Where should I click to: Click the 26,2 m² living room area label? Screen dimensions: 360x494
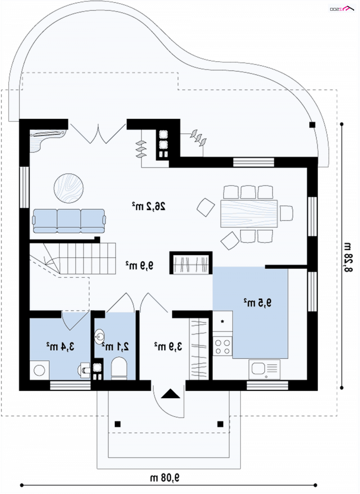(x=148, y=206)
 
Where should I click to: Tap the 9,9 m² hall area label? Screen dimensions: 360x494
(x=139, y=265)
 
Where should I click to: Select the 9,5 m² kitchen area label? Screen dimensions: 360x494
(x=257, y=303)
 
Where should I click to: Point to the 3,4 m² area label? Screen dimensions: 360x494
(x=60, y=347)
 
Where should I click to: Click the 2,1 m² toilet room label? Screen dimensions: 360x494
(x=115, y=347)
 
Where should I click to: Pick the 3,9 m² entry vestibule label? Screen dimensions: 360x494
(x=168, y=347)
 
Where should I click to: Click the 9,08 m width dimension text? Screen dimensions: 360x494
(x=164, y=478)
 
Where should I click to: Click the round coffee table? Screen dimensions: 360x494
(x=69, y=188)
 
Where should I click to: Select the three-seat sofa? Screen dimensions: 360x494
(x=69, y=221)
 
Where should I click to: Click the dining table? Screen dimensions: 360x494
(x=249, y=213)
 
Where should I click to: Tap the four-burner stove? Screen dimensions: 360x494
(x=222, y=346)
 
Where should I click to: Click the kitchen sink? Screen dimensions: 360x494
(x=264, y=369)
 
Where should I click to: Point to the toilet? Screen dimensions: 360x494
(x=119, y=368)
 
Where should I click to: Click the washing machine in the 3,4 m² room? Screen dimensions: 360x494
(x=39, y=370)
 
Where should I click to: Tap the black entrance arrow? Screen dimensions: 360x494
(x=171, y=394)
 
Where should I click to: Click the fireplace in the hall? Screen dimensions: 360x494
(x=191, y=263)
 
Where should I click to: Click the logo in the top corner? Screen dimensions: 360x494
(x=342, y=9)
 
